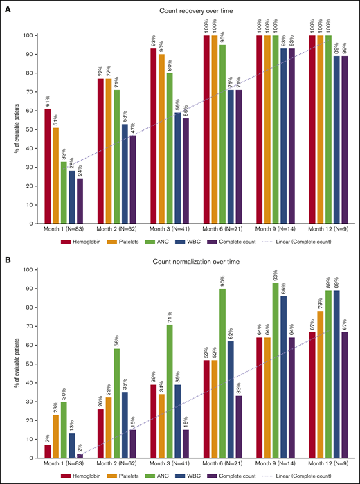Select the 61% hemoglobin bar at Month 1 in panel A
pyautogui.click(x=47, y=166)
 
